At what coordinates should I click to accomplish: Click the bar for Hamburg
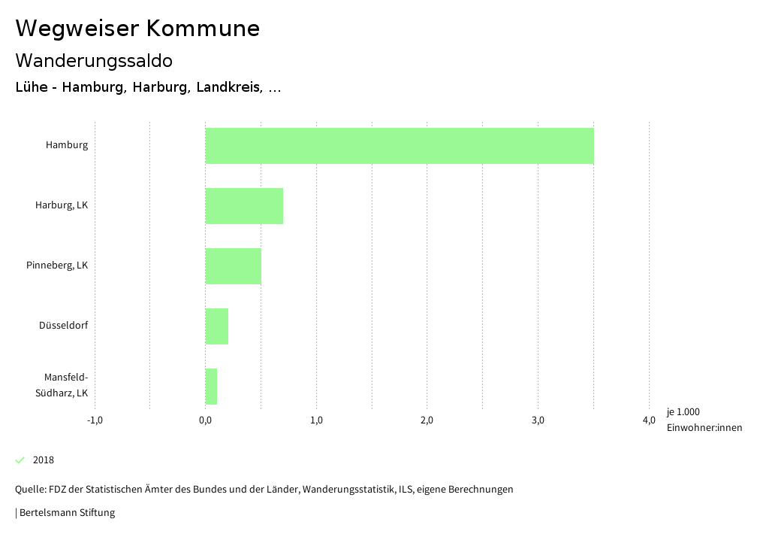tap(400, 146)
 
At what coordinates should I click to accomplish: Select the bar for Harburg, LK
tap(244, 206)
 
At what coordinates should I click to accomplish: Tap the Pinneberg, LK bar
tap(234, 266)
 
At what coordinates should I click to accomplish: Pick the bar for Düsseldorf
tap(217, 326)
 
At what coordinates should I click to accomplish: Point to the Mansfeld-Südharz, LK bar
tap(211, 387)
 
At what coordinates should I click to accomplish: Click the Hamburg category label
tap(67, 145)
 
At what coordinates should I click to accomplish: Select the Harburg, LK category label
tap(62, 205)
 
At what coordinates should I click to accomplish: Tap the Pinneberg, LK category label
tap(57, 265)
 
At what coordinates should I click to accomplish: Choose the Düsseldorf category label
tap(64, 326)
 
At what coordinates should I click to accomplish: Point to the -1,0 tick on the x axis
tap(95, 420)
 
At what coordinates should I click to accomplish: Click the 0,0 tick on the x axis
tap(205, 420)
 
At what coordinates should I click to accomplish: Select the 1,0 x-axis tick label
tap(316, 420)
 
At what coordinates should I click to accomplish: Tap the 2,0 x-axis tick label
tap(427, 420)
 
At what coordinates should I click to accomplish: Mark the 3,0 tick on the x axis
tap(538, 420)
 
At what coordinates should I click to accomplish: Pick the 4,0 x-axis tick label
tap(649, 420)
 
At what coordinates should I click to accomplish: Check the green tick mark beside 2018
tap(20, 460)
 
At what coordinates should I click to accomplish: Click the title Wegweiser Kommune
tap(137, 28)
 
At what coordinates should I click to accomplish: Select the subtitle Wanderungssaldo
tap(94, 60)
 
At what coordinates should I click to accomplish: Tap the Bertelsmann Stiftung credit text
tap(65, 513)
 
